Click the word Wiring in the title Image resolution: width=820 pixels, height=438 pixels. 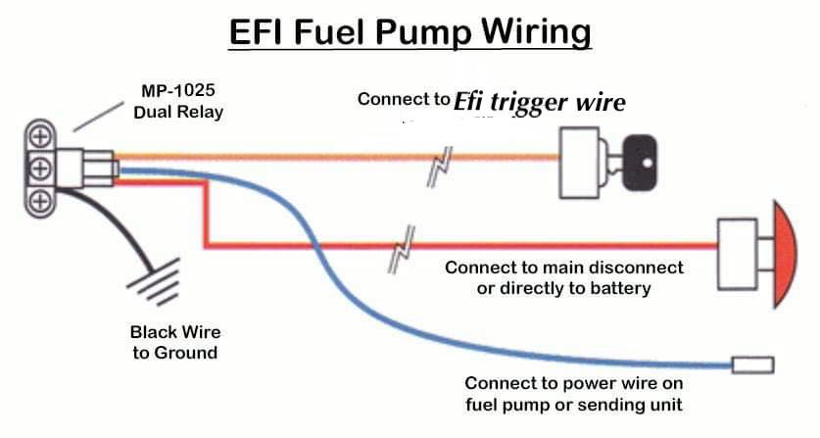[x=536, y=32]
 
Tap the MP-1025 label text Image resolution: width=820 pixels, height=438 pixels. [x=177, y=90]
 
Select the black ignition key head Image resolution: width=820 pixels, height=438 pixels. [x=639, y=163]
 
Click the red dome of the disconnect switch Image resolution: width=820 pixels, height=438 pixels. [x=785, y=253]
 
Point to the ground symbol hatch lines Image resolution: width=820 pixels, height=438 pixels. [x=154, y=282]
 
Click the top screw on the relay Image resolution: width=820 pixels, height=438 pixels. [x=40, y=137]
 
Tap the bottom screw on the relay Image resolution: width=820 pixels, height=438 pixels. [x=40, y=201]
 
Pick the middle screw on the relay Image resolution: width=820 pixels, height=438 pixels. [x=40, y=169]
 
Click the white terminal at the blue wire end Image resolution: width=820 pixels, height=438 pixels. [x=752, y=365]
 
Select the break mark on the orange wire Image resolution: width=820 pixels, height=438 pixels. [x=439, y=167]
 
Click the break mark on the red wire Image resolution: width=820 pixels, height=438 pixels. [x=402, y=250]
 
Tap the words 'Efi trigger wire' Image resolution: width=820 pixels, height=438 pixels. [x=539, y=102]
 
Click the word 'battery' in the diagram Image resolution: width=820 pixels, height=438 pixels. [x=620, y=288]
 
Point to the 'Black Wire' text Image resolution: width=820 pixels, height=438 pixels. [x=175, y=332]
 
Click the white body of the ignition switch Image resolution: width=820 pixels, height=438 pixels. [x=579, y=163]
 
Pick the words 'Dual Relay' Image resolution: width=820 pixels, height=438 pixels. [x=178, y=112]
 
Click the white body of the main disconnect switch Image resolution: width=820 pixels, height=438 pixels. [x=738, y=255]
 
